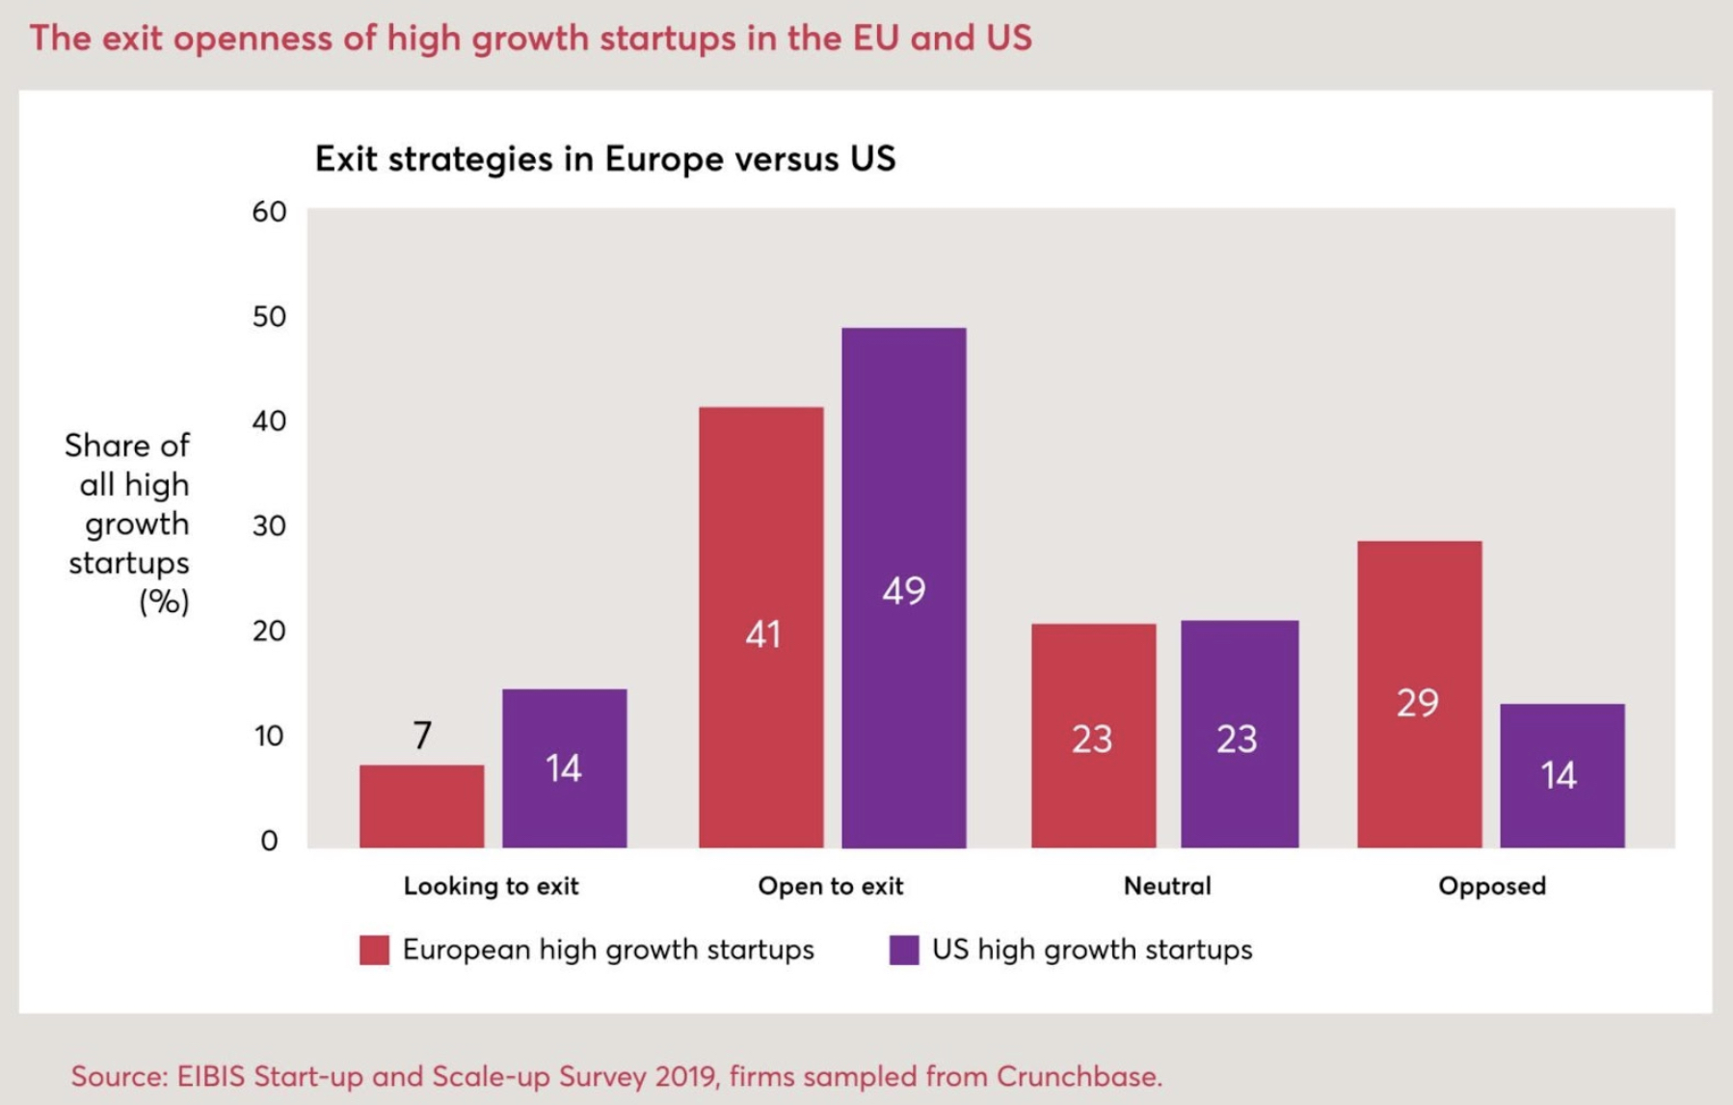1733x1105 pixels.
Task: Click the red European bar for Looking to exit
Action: pyautogui.click(x=421, y=806)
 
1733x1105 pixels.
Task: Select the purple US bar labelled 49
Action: pyautogui.click(x=903, y=588)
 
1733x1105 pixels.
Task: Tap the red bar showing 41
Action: pyautogui.click(x=760, y=627)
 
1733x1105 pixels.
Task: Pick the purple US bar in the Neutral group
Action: pyautogui.click(x=1239, y=734)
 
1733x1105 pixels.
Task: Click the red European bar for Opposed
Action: pyautogui.click(x=1419, y=694)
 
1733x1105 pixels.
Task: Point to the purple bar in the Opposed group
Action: pyautogui.click(x=1561, y=775)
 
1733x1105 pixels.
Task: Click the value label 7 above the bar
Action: pyautogui.click(x=422, y=736)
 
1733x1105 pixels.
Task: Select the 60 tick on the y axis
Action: pyautogui.click(x=269, y=212)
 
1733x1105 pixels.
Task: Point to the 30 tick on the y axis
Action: pyautogui.click(x=269, y=526)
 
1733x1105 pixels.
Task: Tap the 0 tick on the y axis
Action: pyautogui.click(x=269, y=841)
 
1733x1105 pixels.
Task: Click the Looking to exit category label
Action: pyautogui.click(x=491, y=886)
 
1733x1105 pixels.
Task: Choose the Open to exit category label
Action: pyautogui.click(x=830, y=886)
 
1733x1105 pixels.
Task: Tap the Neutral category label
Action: pyautogui.click(x=1166, y=886)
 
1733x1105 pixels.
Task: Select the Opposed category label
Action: pyautogui.click(x=1491, y=886)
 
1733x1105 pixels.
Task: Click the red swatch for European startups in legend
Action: pyautogui.click(x=374, y=950)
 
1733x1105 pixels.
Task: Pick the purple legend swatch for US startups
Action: pyautogui.click(x=903, y=950)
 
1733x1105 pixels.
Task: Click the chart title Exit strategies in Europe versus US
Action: pyautogui.click(x=604, y=159)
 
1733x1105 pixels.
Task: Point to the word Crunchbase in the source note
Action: pyautogui.click(x=1078, y=1076)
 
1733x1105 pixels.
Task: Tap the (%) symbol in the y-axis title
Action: pyautogui.click(x=164, y=603)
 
